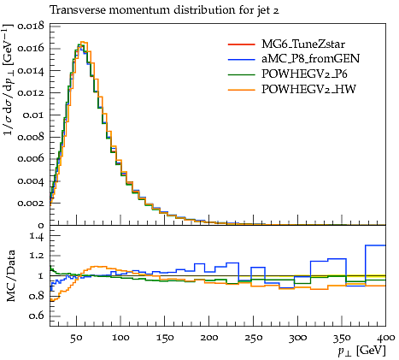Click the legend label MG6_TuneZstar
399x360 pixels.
tap(303, 44)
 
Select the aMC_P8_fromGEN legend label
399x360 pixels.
tap(310, 58)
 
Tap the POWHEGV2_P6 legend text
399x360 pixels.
tap(304, 74)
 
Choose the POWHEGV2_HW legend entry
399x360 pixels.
tap(308, 89)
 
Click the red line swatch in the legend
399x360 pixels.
tap(241, 44)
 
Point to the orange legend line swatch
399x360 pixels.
tap(241, 90)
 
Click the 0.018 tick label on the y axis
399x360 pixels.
tap(31, 27)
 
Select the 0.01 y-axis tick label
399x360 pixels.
tap(34, 115)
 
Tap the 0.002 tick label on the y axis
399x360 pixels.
tap(31, 204)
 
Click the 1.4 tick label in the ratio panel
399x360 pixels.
tap(37, 236)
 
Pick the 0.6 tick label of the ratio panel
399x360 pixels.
tap(37, 316)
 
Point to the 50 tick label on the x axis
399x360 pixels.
tap(76, 338)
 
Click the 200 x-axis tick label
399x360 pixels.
tap(208, 338)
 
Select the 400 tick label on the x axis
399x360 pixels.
tap(385, 338)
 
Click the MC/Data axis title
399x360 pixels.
tap(10, 275)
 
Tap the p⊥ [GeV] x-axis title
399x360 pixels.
tap(361, 351)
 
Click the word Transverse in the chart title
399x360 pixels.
tap(77, 10)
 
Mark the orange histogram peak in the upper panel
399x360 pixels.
tap(84, 42)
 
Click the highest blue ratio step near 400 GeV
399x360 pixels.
tap(375, 245)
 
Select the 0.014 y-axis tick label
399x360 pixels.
tap(31, 71)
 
